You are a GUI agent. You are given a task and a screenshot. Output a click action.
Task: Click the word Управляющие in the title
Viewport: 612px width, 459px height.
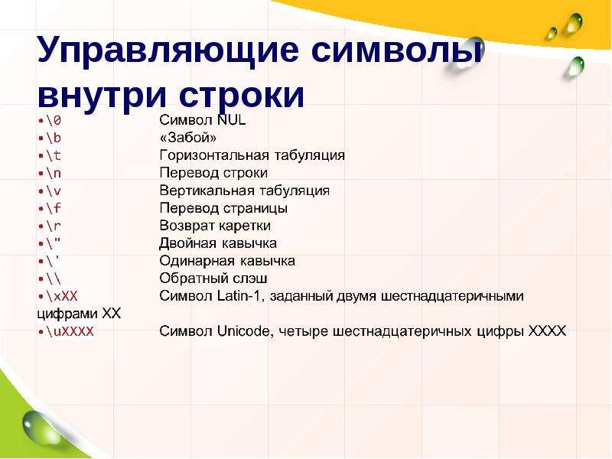168,51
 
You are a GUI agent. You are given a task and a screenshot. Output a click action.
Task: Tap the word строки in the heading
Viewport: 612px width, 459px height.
242,95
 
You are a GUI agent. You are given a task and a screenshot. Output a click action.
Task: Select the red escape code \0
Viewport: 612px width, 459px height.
54,120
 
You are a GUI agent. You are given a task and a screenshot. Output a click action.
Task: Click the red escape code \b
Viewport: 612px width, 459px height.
54,138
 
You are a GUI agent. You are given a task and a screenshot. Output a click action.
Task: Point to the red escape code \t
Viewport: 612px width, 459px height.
54,155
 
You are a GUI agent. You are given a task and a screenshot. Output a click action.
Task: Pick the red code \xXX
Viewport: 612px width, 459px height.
62,296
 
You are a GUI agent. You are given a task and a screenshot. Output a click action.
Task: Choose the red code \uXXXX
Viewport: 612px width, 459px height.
70,331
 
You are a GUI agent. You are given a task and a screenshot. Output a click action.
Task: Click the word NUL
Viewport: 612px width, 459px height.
232,120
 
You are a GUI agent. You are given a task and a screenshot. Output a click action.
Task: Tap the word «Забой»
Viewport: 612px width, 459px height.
188,138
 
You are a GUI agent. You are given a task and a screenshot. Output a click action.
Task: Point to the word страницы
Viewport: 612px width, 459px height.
256,208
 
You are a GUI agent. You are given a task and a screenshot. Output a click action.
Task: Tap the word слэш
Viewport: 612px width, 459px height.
250,278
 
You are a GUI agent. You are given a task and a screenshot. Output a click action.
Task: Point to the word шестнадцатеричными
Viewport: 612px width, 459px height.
452,296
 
